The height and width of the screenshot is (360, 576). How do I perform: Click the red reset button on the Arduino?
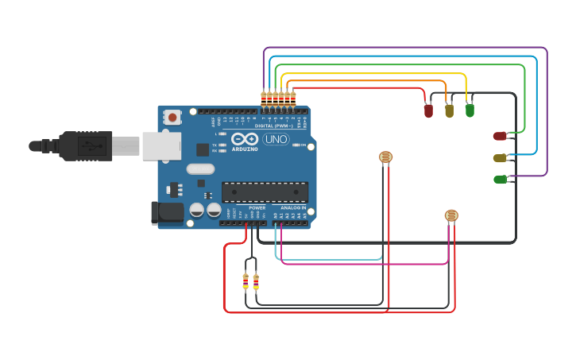click(172, 117)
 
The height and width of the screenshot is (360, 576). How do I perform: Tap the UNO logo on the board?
click(276, 139)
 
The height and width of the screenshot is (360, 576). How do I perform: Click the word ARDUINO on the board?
click(245, 149)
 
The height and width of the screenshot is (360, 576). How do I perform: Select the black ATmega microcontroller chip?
click(265, 192)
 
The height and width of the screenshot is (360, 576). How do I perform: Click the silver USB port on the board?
click(161, 146)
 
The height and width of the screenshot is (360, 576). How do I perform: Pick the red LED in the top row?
click(428, 111)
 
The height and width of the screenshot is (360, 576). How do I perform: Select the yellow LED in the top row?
click(449, 110)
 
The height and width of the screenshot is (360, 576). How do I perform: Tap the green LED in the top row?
click(470, 110)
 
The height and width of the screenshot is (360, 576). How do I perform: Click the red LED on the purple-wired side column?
click(499, 136)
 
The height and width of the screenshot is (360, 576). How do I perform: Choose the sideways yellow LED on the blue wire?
click(499, 158)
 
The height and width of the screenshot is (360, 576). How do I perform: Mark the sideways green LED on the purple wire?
click(500, 180)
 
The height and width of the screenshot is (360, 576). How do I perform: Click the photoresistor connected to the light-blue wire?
click(385, 157)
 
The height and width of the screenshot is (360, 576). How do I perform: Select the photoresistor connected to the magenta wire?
click(451, 215)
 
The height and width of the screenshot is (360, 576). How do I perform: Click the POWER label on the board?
click(257, 207)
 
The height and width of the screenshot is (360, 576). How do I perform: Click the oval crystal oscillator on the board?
click(200, 168)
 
